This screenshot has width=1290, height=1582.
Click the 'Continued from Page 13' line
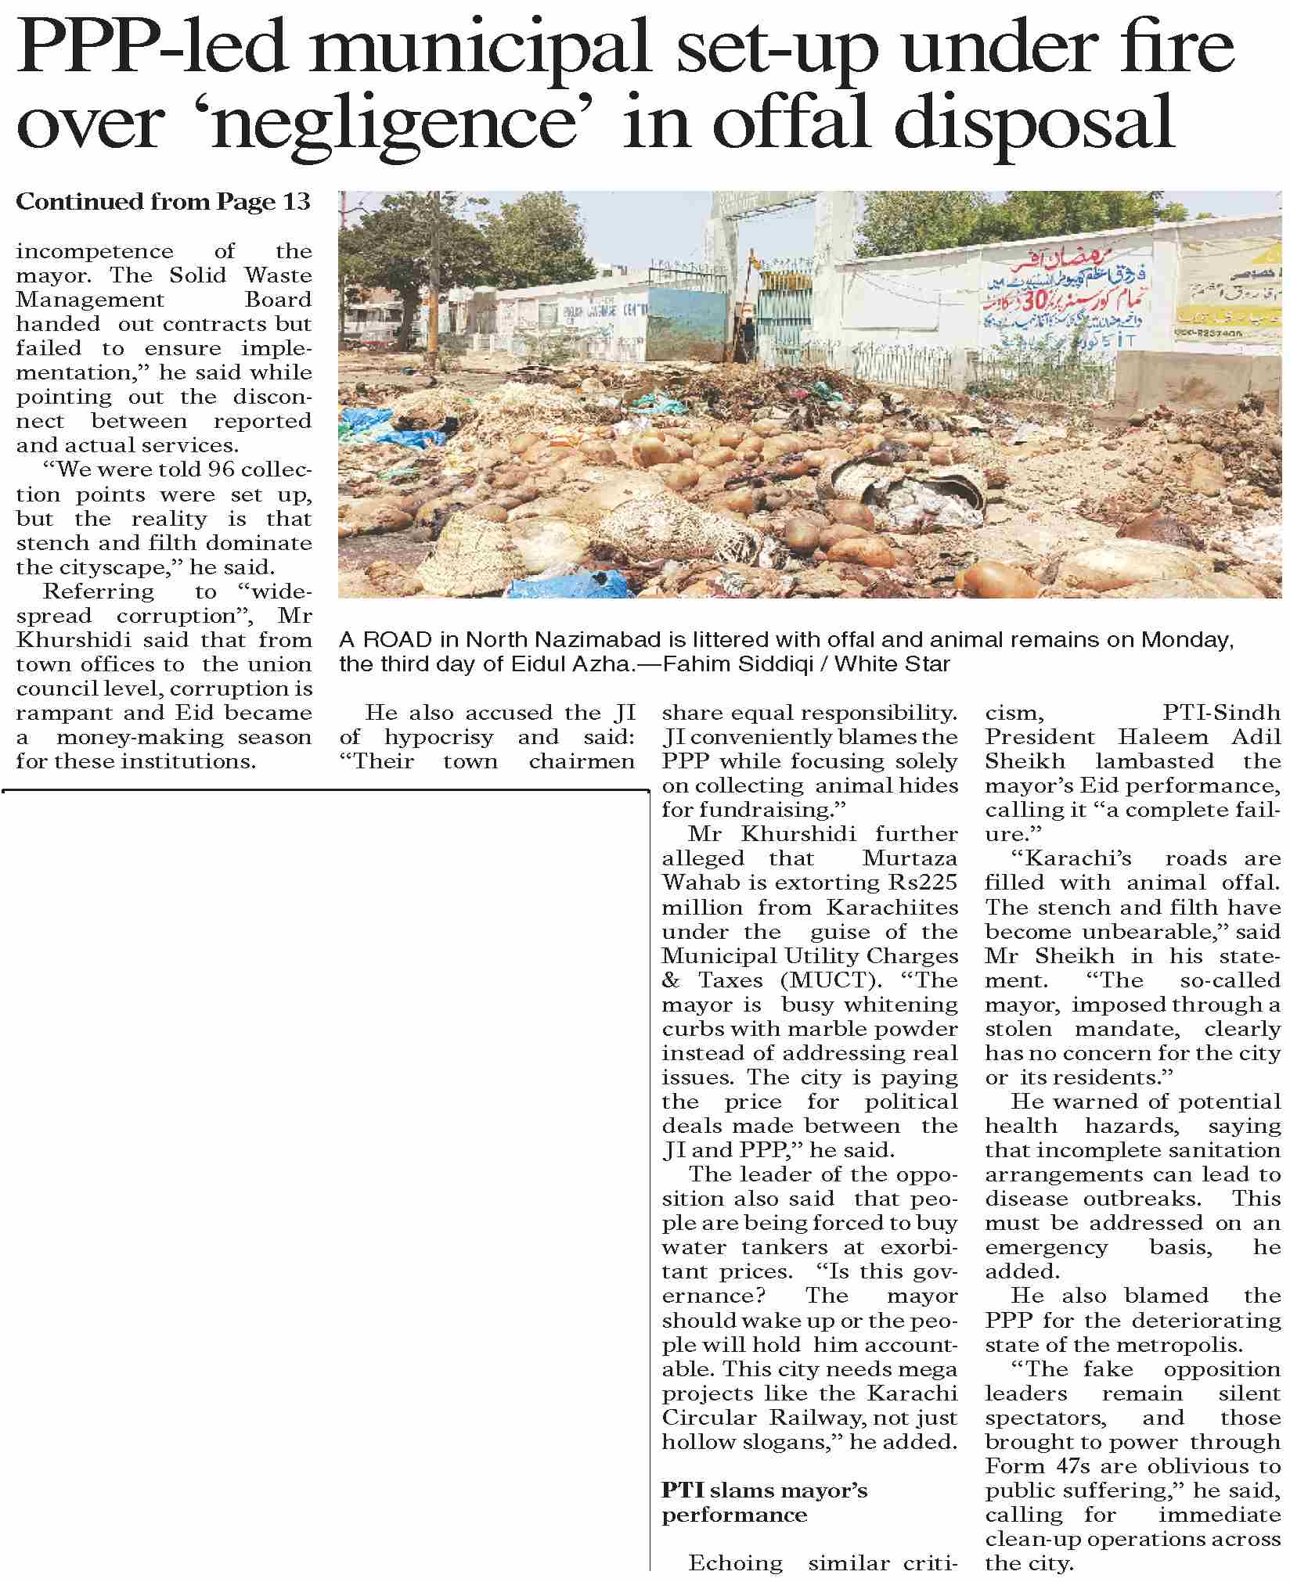click(x=163, y=202)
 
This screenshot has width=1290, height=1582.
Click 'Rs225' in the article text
click(x=923, y=883)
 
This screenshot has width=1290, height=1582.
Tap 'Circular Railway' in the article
click(x=778, y=1417)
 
